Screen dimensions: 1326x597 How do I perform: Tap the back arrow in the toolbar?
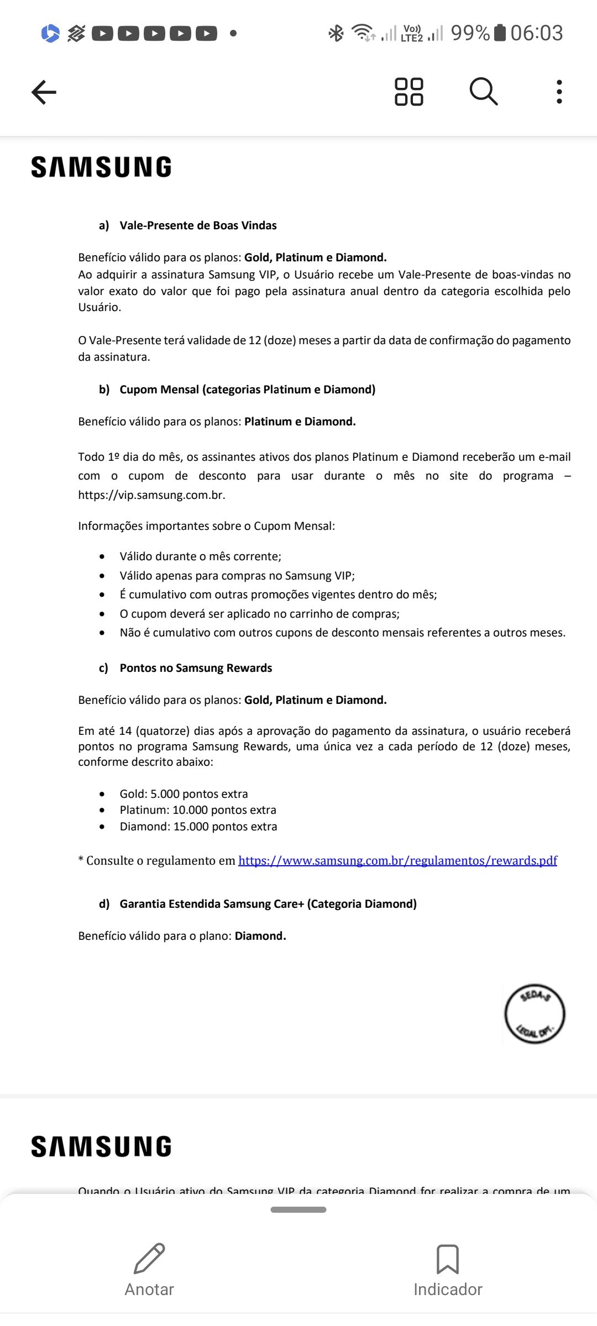click(x=44, y=92)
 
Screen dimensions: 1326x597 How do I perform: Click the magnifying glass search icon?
click(x=484, y=92)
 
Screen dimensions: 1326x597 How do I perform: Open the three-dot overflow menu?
click(x=559, y=92)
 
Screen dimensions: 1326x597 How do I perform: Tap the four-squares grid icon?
click(x=409, y=92)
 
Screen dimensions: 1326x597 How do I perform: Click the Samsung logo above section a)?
click(x=101, y=167)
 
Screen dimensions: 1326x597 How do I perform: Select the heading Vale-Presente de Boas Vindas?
click(x=198, y=225)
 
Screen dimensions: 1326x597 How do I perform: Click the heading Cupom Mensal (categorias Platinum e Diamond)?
click(x=247, y=390)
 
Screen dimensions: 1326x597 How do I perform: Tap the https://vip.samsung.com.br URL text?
click(x=151, y=495)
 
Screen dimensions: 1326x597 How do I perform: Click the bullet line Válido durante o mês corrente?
click(x=200, y=556)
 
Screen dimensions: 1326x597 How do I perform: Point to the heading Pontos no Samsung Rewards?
click(x=196, y=668)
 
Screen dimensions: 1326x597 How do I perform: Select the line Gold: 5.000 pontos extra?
click(x=184, y=794)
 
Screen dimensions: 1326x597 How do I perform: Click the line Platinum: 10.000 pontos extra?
click(x=198, y=810)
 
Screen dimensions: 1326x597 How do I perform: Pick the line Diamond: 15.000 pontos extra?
click(x=198, y=827)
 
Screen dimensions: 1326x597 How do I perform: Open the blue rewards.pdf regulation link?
click(x=397, y=861)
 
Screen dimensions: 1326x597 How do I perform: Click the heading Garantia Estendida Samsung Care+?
click(x=268, y=904)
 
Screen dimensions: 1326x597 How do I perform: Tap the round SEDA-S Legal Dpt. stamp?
click(x=535, y=1014)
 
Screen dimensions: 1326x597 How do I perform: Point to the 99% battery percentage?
click(x=470, y=33)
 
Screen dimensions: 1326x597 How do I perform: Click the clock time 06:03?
click(x=536, y=33)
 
